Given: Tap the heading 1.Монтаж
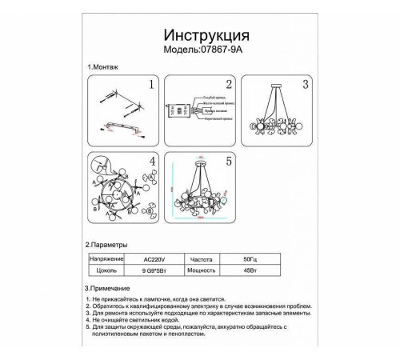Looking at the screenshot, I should [102, 70].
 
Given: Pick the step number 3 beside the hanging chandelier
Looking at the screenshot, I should [305, 85].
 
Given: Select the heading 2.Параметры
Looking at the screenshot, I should [106, 244].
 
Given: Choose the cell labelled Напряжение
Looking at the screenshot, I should [106, 259].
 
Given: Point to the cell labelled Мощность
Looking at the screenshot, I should [206, 272].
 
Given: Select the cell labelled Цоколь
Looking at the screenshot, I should [106, 272].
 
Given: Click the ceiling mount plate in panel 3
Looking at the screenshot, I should [275, 85].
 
